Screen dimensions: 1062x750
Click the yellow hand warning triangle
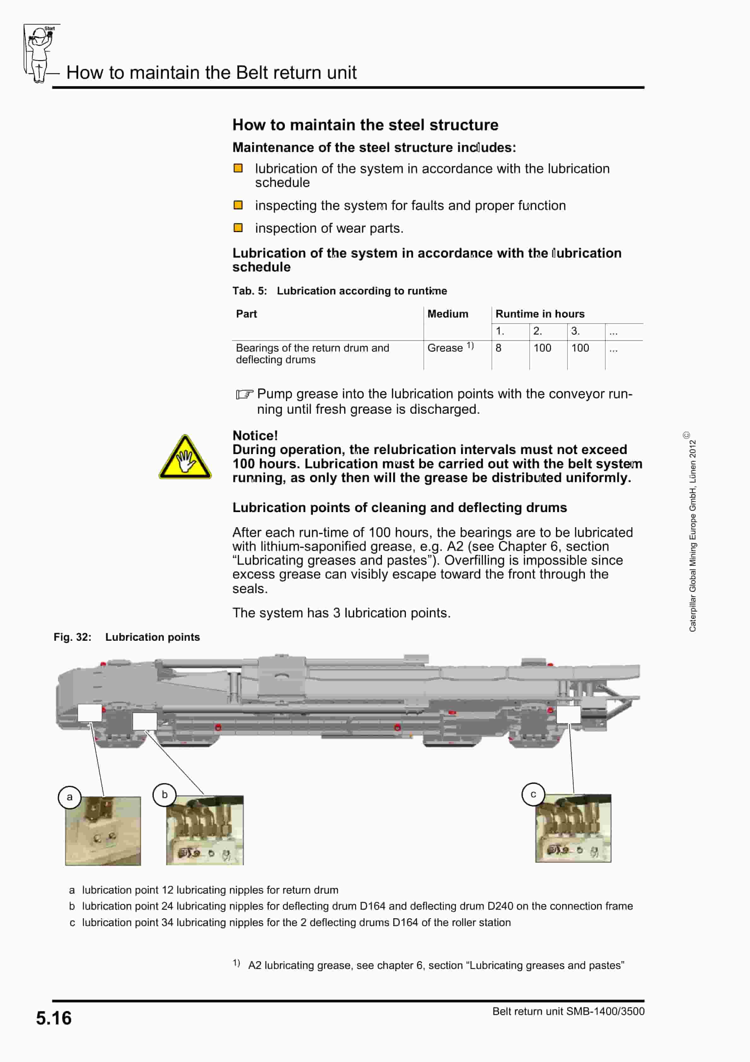[185, 458]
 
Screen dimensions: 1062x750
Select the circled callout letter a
[69, 797]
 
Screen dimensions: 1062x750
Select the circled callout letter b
[164, 795]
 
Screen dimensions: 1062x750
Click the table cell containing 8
[499, 348]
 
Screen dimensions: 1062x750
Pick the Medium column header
[447, 314]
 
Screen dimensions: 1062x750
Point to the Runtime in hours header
[539, 314]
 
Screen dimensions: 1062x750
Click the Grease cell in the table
[445, 348]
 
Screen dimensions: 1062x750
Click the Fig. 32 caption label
[72, 637]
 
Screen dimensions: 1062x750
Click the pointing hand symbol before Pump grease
[244, 394]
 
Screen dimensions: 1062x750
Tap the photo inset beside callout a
[103, 831]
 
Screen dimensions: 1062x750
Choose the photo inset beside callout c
[573, 828]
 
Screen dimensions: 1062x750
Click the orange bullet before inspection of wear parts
[238, 228]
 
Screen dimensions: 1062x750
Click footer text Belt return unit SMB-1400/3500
[568, 1011]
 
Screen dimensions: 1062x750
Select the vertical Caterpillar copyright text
[692, 532]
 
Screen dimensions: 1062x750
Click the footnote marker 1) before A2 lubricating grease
[236, 963]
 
